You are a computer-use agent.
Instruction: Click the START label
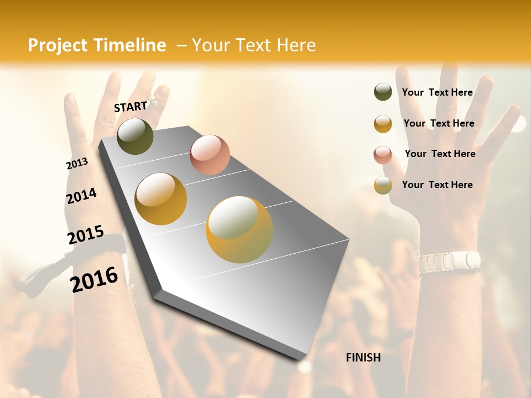coord(131,106)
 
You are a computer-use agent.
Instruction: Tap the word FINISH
coord(363,358)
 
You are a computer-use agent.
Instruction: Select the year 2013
coord(77,164)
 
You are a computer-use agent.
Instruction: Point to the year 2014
coord(81,196)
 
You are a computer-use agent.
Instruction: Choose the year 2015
coord(86,235)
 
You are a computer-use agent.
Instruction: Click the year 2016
coord(94,280)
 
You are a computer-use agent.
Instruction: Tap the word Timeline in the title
coord(129,45)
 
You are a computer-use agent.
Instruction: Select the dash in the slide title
coord(181,45)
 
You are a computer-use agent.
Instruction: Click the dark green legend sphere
coord(383,92)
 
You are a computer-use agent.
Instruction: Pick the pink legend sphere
coord(383,155)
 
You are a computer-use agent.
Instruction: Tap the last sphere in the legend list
coord(383,185)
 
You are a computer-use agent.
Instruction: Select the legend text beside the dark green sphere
coord(437,92)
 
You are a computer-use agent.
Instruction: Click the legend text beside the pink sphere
coord(440,154)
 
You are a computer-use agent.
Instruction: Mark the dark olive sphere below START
coord(135,136)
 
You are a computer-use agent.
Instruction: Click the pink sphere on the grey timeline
coord(210,155)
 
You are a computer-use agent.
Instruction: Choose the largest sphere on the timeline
coord(240,229)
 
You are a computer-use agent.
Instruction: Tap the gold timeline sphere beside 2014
coord(160,199)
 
